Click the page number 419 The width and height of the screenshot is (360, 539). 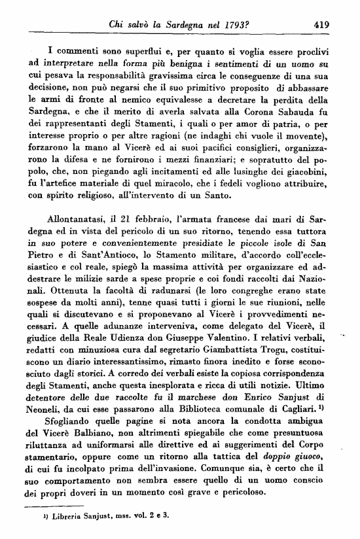pyautogui.click(x=321, y=25)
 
